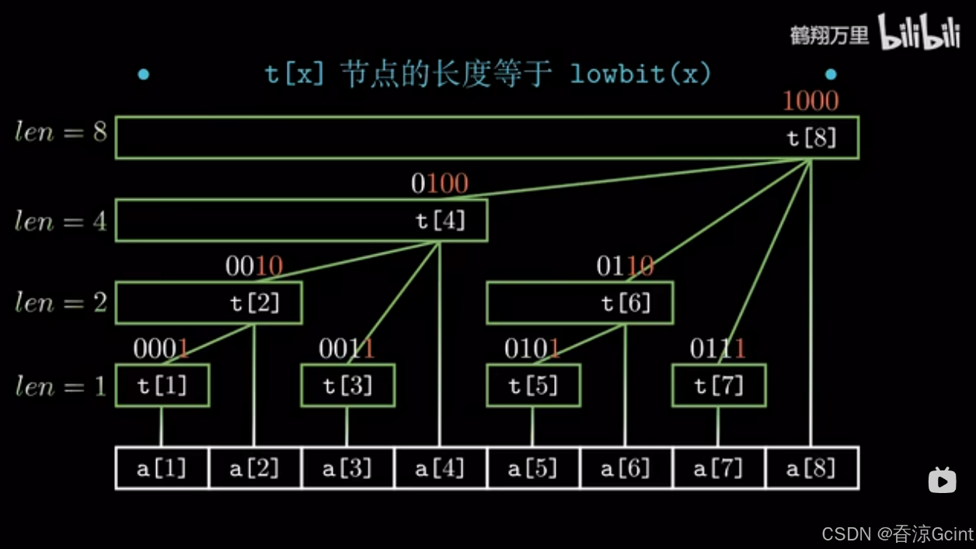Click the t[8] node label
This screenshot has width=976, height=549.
811,138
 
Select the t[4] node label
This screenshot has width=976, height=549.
441,222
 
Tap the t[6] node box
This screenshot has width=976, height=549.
580,303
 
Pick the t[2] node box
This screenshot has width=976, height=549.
208,303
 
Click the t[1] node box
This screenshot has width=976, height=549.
162,386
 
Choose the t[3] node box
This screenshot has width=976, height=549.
347,386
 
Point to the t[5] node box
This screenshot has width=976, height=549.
533,386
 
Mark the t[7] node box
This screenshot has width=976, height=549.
719,386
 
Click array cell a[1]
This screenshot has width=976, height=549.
162,468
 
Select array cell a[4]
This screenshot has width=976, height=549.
440,468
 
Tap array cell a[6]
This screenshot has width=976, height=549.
626,468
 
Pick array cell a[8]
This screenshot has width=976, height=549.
812,468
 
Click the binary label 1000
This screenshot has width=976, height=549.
810,101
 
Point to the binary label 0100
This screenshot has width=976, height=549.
440,184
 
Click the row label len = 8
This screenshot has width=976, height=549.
61,132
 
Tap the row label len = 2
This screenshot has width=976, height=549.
61,302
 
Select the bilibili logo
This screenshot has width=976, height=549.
919,33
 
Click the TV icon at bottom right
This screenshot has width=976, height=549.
942,480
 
